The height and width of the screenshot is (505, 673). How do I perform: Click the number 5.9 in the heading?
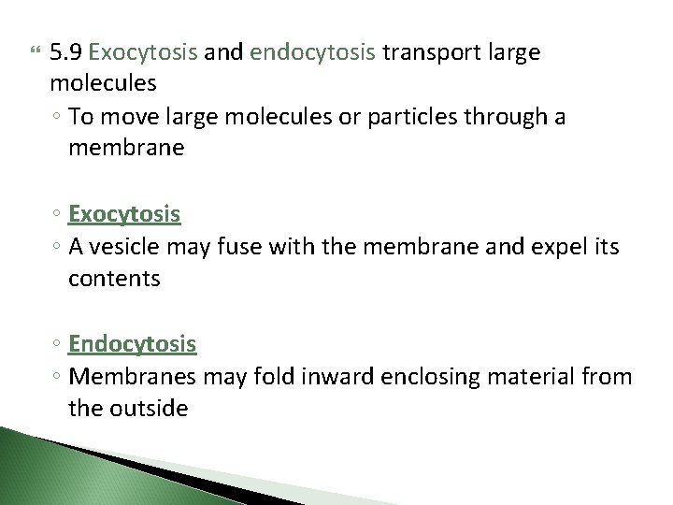point(66,52)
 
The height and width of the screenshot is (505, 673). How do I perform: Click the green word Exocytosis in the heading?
point(143,52)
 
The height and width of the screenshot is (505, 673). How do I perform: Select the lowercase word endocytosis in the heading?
point(313,52)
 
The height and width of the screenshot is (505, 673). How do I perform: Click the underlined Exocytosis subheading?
point(124,214)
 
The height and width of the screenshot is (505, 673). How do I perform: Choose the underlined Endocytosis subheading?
point(133,344)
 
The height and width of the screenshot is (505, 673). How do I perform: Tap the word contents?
point(114,278)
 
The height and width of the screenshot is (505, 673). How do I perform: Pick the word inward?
point(308,376)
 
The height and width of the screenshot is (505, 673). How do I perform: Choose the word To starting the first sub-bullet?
point(80,117)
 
